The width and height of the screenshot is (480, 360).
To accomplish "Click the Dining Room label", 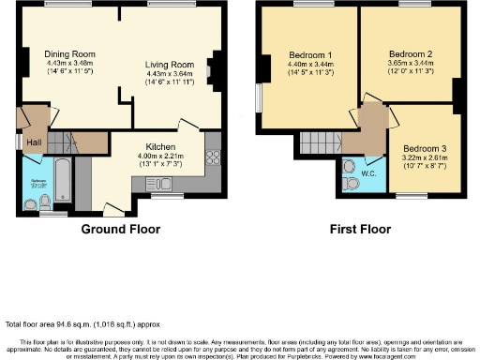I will [63, 53].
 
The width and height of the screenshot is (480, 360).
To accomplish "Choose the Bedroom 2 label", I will [408, 53].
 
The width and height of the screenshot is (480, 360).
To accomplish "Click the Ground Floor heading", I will [120, 229].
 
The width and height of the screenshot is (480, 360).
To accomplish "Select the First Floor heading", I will [360, 229].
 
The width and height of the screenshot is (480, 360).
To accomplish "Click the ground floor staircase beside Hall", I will [60, 142].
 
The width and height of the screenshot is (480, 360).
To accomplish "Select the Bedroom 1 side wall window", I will [260, 99].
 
